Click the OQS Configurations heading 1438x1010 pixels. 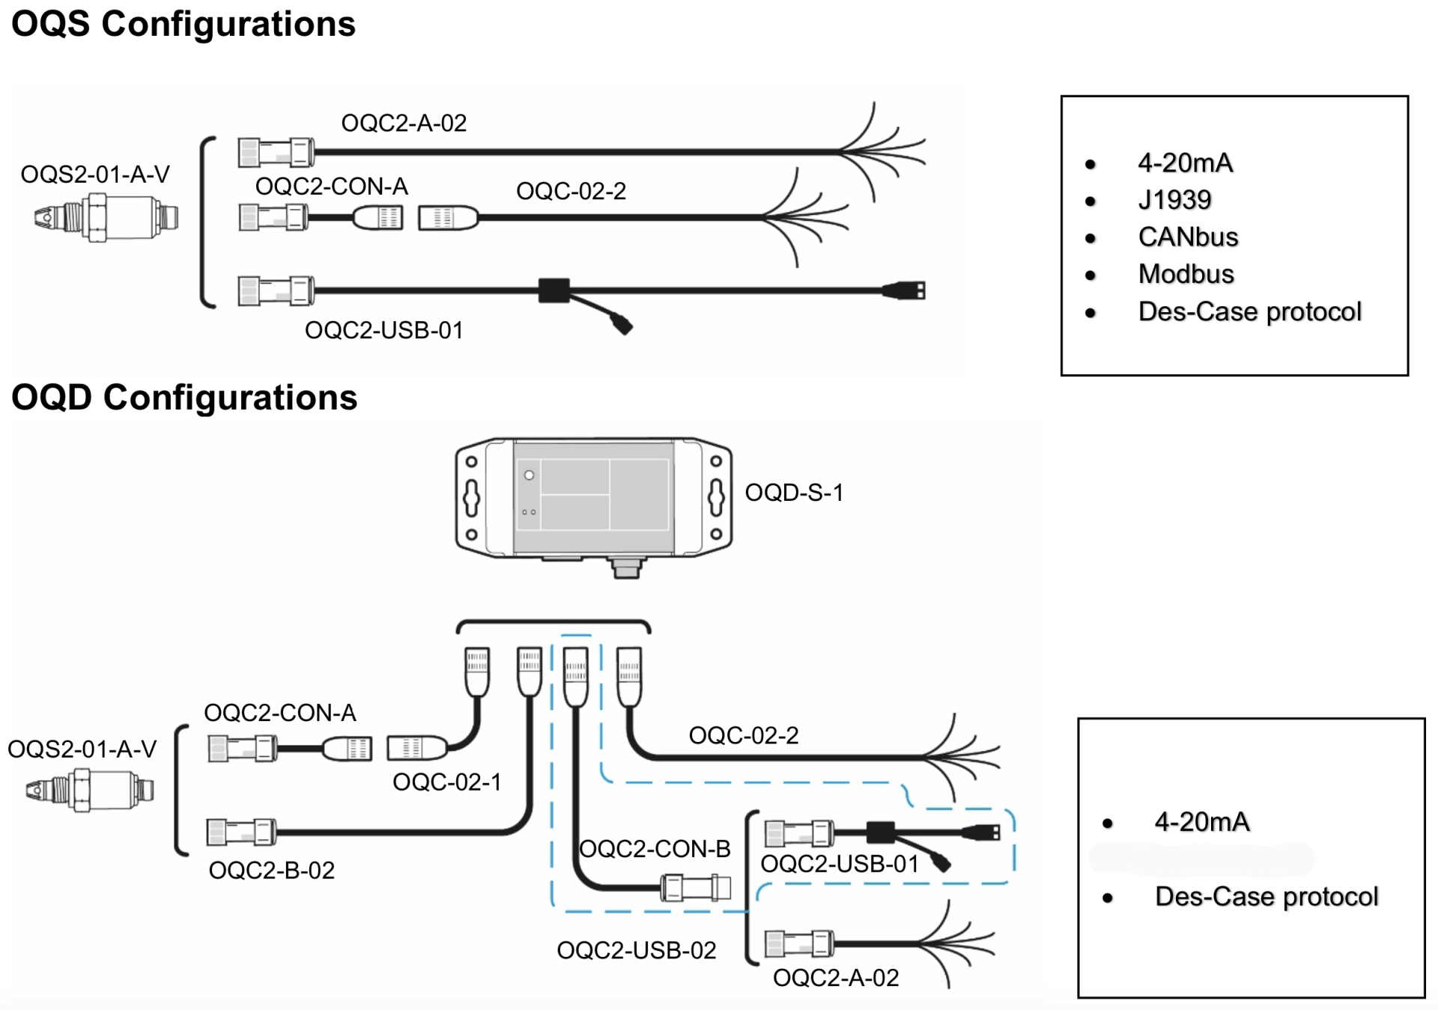(x=183, y=24)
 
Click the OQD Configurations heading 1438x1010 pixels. (x=184, y=398)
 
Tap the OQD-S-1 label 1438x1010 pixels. (x=794, y=493)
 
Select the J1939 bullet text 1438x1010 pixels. (x=1174, y=200)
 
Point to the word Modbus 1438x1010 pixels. (x=1186, y=274)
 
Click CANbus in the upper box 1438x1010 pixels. (x=1188, y=237)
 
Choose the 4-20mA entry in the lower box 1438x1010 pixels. (x=1202, y=822)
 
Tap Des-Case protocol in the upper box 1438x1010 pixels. (x=1249, y=311)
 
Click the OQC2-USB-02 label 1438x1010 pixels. (x=637, y=950)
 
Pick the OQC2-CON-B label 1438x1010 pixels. (x=655, y=849)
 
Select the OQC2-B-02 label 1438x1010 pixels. (x=271, y=870)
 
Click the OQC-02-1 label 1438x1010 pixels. (x=447, y=782)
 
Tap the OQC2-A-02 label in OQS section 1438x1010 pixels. (x=404, y=123)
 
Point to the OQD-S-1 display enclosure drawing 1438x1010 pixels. (x=593, y=498)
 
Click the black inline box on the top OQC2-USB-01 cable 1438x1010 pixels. (x=553, y=290)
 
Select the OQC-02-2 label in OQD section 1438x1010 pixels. (x=744, y=735)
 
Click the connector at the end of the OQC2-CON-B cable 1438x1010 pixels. (x=696, y=888)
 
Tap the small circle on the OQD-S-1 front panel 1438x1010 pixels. (x=529, y=475)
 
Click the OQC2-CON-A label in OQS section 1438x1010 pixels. (x=331, y=186)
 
